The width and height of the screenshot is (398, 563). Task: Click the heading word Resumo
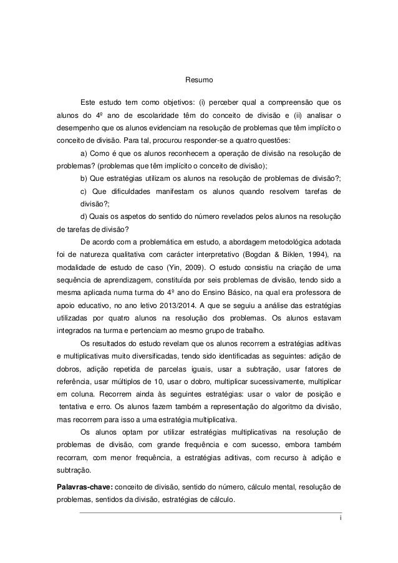(199, 81)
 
